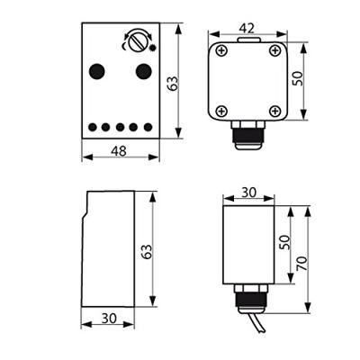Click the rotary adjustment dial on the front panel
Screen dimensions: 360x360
pyautogui.click(x=138, y=40)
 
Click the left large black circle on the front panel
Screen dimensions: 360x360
pyautogui.click(x=96, y=70)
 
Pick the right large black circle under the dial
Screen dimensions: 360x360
pyautogui.click(x=142, y=70)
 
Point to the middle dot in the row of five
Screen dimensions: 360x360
pyautogui.click(x=119, y=128)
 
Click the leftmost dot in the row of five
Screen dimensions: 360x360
pyautogui.click(x=92, y=128)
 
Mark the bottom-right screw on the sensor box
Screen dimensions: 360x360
pyautogui.click(x=274, y=112)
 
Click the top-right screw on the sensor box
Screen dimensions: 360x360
pyautogui.click(x=274, y=50)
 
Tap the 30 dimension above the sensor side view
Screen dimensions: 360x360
pyautogui.click(x=247, y=192)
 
